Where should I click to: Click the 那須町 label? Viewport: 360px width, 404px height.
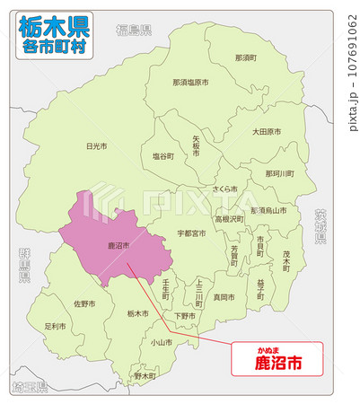245,57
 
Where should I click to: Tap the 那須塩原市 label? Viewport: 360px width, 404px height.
190,82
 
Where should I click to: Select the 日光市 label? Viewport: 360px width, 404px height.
96,145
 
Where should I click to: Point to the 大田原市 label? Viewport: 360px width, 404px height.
266,131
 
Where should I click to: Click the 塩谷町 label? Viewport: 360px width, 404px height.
162,156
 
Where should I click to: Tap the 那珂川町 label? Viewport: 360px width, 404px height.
279,173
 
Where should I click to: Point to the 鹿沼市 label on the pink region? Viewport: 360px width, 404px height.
119,245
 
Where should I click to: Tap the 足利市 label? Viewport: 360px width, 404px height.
56,327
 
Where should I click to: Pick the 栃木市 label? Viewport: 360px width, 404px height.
137,313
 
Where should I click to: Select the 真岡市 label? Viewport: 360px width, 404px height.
224,296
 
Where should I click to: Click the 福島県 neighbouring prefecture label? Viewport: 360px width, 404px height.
132,31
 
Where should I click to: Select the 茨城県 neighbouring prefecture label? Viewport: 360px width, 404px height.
320,226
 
